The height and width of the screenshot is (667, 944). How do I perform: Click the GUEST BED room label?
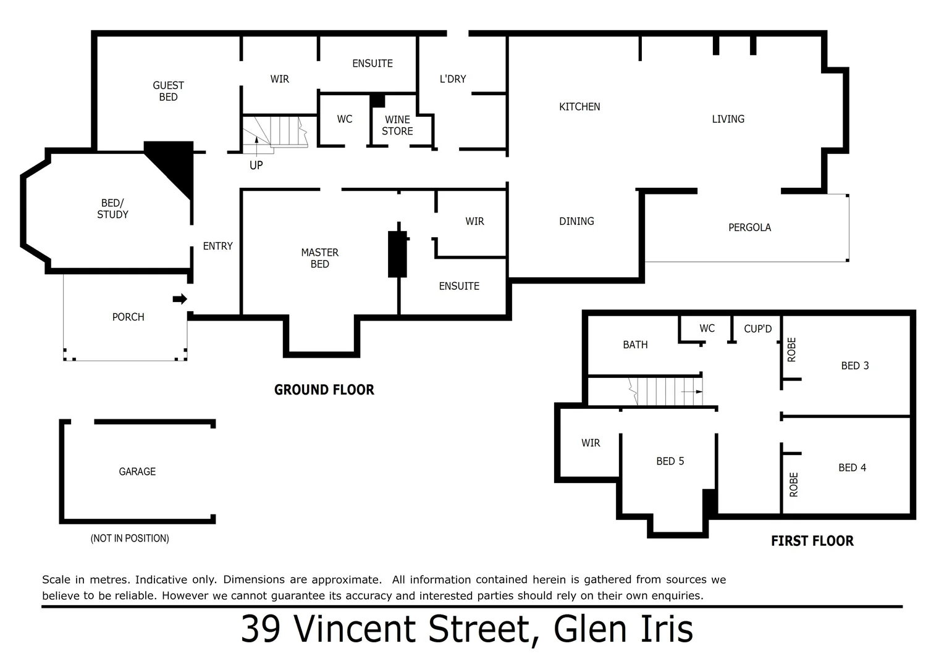[x=168, y=91]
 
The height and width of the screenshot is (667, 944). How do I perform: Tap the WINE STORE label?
[x=397, y=125]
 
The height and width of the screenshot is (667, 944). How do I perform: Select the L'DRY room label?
[x=453, y=79]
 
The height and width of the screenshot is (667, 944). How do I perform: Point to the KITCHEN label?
[x=579, y=107]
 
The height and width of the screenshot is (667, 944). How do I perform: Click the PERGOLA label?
[x=749, y=227]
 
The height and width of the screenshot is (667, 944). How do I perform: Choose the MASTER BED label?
[x=319, y=258]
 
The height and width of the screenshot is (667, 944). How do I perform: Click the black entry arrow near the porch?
[x=179, y=300]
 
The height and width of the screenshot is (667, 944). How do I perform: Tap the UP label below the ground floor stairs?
[x=256, y=166]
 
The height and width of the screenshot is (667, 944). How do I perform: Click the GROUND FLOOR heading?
[x=324, y=390]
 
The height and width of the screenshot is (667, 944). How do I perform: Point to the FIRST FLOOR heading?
[x=812, y=541]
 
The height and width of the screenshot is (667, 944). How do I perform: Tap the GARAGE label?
[x=137, y=472]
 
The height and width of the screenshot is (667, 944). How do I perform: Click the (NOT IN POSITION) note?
[x=130, y=539]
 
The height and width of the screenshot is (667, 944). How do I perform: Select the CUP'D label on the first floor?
[x=757, y=329]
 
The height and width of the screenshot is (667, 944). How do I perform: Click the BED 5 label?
[x=670, y=461]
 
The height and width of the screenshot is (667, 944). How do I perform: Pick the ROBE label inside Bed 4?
[x=794, y=484]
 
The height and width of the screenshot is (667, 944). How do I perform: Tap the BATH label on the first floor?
[x=635, y=345]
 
